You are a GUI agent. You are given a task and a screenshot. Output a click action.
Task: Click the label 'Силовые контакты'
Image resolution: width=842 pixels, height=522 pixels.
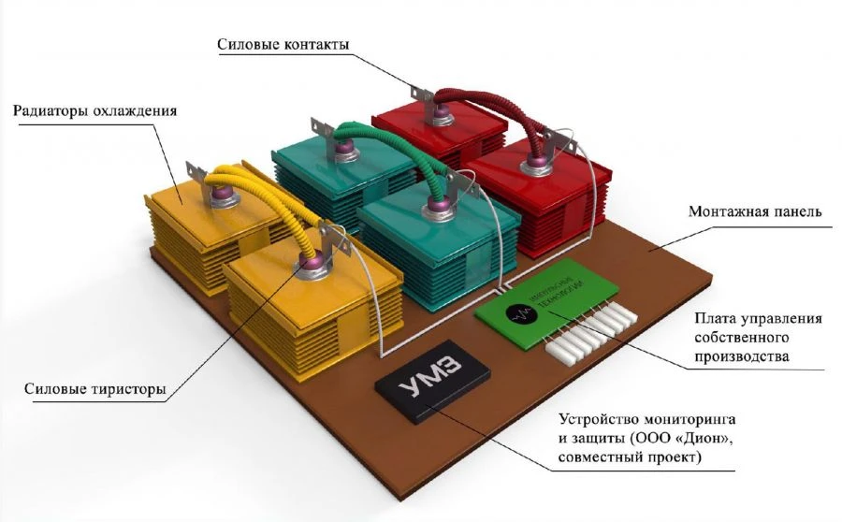coord(283,45)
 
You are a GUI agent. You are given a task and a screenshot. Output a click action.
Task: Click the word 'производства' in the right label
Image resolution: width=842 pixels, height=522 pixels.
coord(746,356)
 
